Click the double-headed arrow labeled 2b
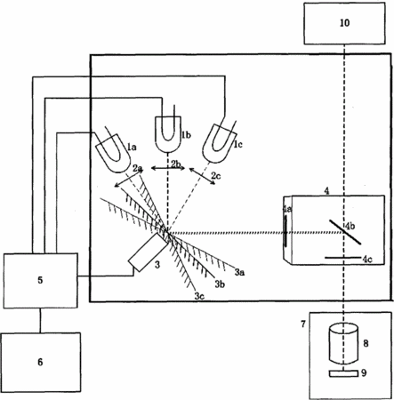(168, 168)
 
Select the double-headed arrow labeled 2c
(202, 176)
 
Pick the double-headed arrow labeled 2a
(129, 178)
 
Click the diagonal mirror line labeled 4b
(345, 232)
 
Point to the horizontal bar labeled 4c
(342, 258)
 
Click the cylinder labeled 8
(343, 344)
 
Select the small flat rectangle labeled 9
(343, 374)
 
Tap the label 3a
(239, 272)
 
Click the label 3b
(220, 284)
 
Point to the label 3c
(199, 296)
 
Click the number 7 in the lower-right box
(303, 324)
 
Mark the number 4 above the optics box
(326, 191)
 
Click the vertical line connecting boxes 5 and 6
(41, 320)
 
